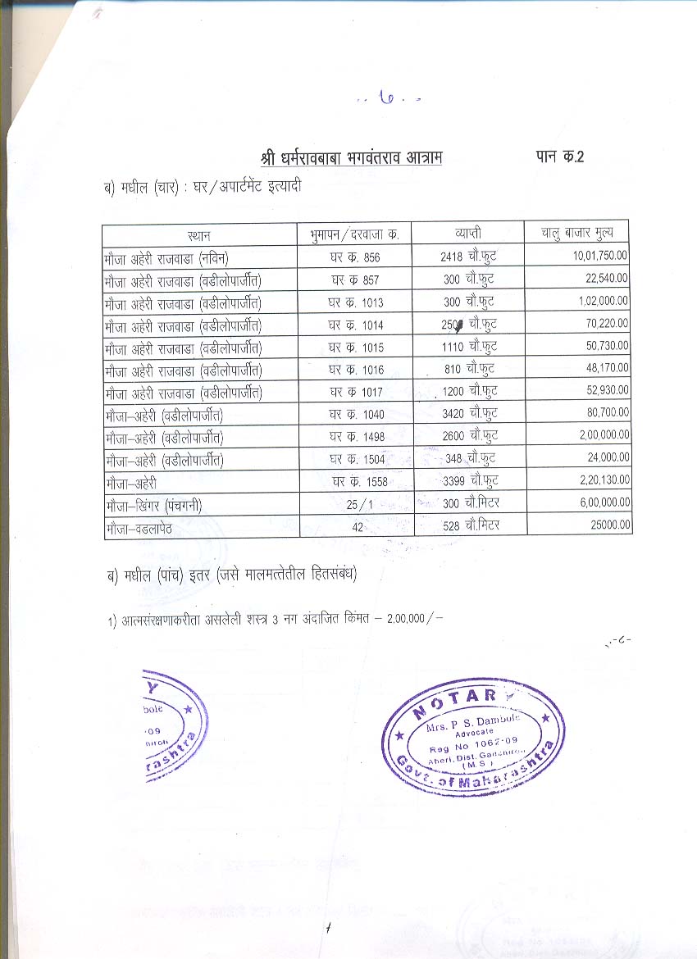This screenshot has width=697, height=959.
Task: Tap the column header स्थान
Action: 199,234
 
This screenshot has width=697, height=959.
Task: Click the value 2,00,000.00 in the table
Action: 603,434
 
